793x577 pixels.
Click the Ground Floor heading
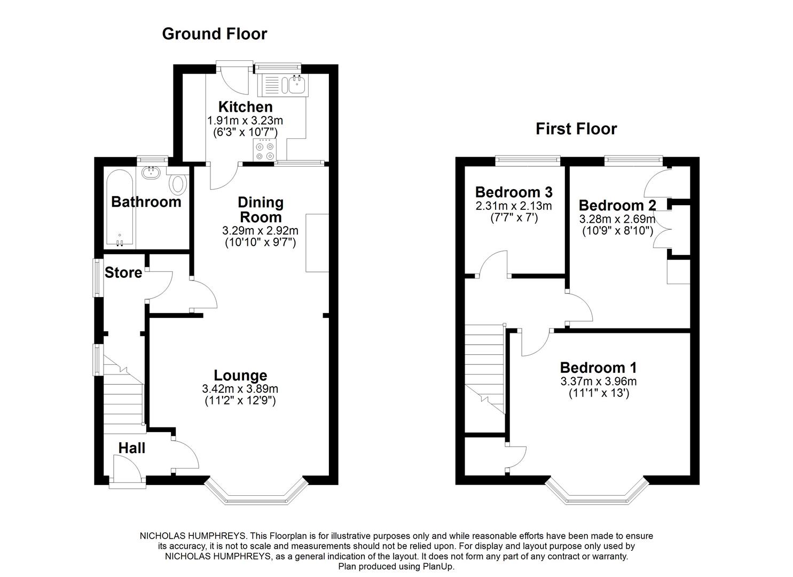pyautogui.click(x=214, y=34)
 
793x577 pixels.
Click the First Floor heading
pyautogui.click(x=576, y=129)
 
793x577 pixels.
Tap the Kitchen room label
pyautogui.click(x=245, y=107)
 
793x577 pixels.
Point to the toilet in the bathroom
pyautogui.click(x=177, y=184)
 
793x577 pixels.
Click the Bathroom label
pyautogui.click(x=146, y=202)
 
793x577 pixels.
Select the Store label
pyautogui.click(x=123, y=272)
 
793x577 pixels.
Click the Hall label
pyautogui.click(x=131, y=448)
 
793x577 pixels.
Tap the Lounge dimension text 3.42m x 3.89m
pyautogui.click(x=240, y=389)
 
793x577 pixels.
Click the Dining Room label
pyautogui.click(x=260, y=209)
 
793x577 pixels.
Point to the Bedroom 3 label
pyautogui.click(x=513, y=192)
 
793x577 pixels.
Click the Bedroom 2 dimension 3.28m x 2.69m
pyautogui.click(x=617, y=219)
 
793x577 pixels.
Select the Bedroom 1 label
pyautogui.click(x=598, y=368)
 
